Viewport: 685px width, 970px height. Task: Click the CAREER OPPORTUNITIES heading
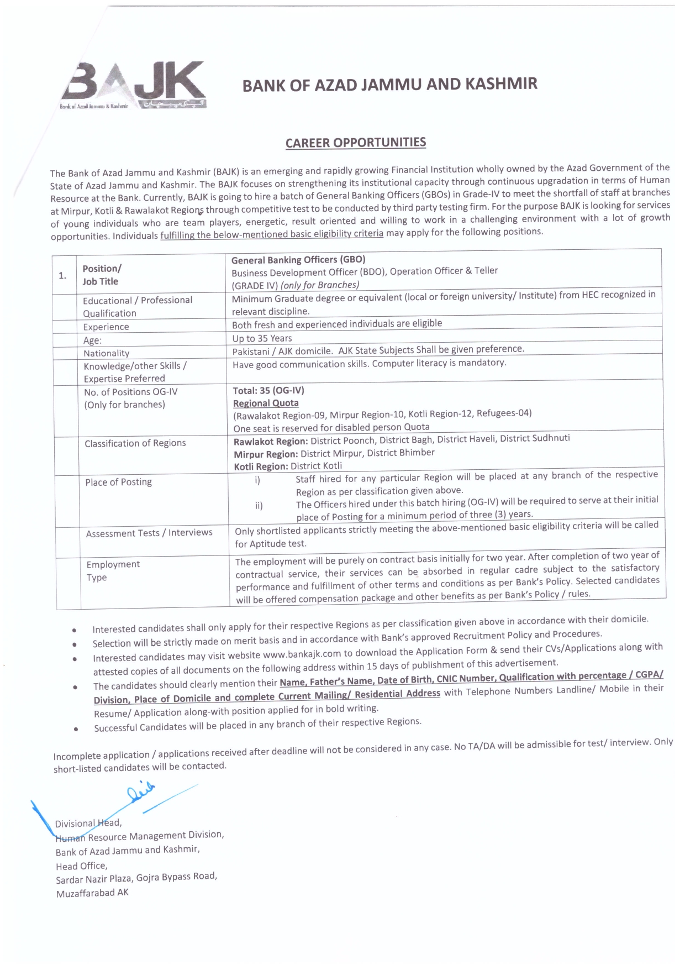point(355,143)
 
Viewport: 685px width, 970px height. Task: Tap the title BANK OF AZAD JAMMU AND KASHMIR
point(389,85)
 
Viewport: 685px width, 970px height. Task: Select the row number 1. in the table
point(63,275)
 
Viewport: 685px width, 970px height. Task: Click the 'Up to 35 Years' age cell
point(262,338)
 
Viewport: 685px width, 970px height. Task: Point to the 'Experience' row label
point(106,327)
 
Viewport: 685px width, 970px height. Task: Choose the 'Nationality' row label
point(106,353)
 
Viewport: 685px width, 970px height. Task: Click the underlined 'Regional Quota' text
point(266,403)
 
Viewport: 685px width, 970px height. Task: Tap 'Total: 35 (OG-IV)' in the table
point(268,390)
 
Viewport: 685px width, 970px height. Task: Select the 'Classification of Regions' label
point(135,443)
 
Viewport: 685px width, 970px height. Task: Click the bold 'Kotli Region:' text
point(261,466)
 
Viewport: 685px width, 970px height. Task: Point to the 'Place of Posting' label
point(118,482)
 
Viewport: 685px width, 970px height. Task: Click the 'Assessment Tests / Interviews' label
point(149,533)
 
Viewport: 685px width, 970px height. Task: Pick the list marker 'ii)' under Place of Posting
point(259,505)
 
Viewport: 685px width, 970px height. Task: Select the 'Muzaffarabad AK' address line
point(92,893)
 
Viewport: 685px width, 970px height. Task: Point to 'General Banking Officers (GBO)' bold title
point(298,260)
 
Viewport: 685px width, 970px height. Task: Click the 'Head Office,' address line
point(81,866)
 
